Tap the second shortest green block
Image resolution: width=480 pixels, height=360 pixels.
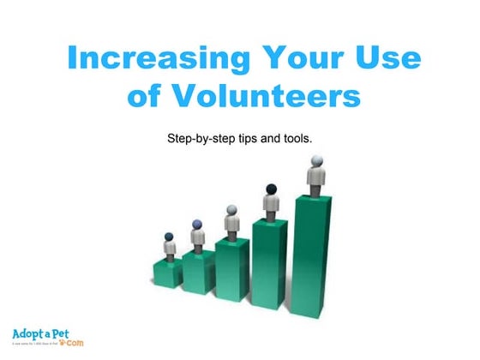(x=198, y=272)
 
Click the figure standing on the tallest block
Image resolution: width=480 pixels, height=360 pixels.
(x=316, y=175)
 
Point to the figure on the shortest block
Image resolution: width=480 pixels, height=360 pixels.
(x=170, y=246)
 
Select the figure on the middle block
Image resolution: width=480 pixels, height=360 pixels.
(x=232, y=220)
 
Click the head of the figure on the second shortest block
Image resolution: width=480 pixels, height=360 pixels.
(x=198, y=225)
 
